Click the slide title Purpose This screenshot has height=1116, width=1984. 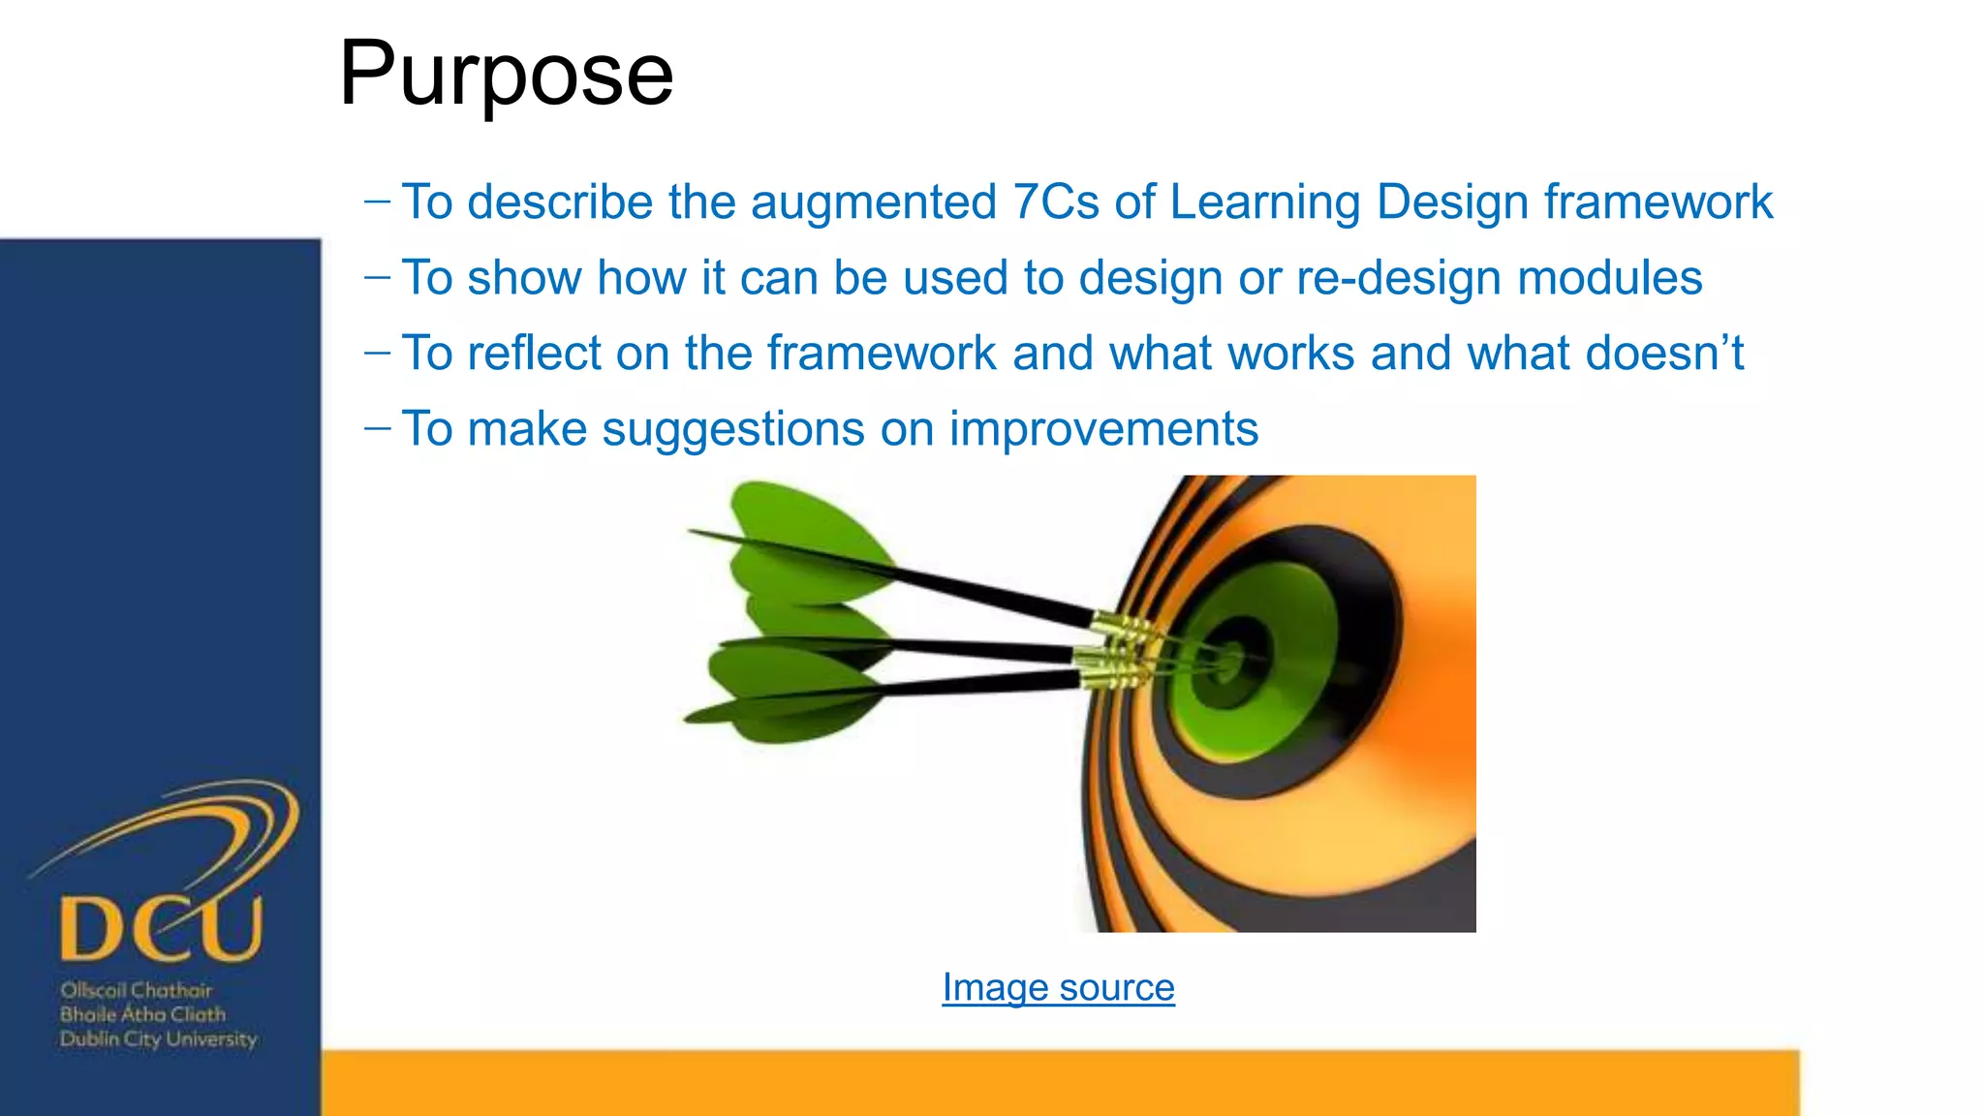pos(506,74)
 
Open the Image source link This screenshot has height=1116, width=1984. pos(1058,987)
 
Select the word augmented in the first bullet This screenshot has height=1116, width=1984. pos(873,201)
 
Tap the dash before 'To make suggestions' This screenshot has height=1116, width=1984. pos(377,426)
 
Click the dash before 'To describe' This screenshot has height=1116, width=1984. pos(377,201)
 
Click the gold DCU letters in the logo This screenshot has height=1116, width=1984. pos(161,928)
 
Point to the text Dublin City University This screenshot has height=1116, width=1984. pos(158,1039)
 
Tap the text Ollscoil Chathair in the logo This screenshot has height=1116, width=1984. pos(136,990)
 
